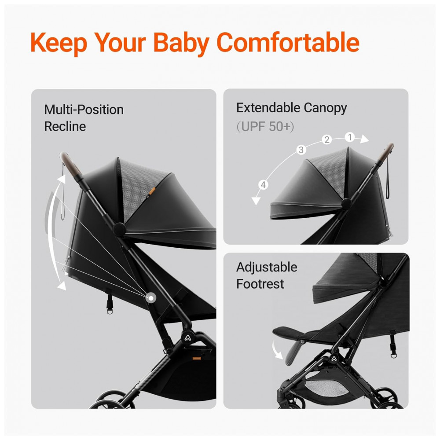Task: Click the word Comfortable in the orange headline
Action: pyautogui.click(x=288, y=42)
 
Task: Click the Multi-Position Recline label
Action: pyautogui.click(x=84, y=118)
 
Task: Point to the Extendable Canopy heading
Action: pyautogui.click(x=292, y=108)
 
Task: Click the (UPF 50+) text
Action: pyautogui.click(x=265, y=127)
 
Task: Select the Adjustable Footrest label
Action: pyautogui.click(x=267, y=275)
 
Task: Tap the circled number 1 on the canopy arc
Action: pyautogui.click(x=350, y=137)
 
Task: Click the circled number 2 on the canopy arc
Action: pyautogui.click(x=326, y=139)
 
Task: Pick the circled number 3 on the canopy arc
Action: pyautogui.click(x=301, y=150)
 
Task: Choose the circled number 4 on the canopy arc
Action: pyautogui.click(x=263, y=185)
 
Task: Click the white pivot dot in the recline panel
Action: pyautogui.click(x=151, y=298)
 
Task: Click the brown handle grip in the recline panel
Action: pyautogui.click(x=70, y=165)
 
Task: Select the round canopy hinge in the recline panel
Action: pyautogui.click(x=119, y=229)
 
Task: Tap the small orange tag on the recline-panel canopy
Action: pyautogui.click(x=152, y=191)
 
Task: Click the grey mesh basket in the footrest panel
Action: pyautogui.click(x=326, y=388)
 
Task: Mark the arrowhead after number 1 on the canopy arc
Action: pyautogui.click(x=364, y=139)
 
